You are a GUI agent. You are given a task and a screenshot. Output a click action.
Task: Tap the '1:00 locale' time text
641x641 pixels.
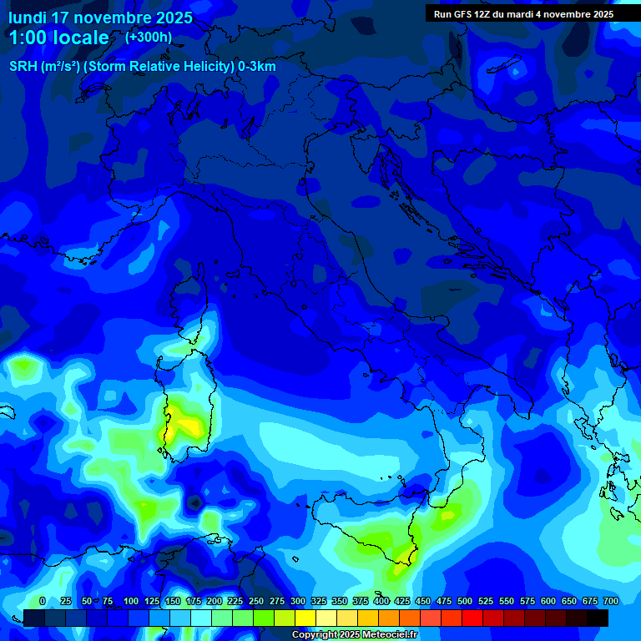click(x=58, y=38)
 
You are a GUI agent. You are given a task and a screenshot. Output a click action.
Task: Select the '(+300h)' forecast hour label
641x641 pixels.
click(x=149, y=37)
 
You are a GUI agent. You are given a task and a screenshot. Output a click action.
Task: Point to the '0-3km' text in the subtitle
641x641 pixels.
click(x=257, y=67)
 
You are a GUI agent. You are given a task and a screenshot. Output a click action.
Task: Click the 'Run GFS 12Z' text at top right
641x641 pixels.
click(x=462, y=14)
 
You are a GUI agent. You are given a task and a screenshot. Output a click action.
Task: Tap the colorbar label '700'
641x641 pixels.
click(x=610, y=601)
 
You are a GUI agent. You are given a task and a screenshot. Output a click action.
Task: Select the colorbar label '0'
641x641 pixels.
click(x=43, y=601)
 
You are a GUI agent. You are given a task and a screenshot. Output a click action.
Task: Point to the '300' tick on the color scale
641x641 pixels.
click(x=297, y=601)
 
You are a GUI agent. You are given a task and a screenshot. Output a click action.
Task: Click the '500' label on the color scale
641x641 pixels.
click(x=464, y=601)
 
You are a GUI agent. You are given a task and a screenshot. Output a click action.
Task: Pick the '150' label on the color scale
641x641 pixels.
click(x=172, y=601)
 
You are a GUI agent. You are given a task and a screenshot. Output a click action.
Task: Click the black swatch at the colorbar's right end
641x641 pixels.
click(x=598, y=618)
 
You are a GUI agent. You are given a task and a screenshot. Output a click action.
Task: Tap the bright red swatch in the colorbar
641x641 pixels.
click(x=472, y=618)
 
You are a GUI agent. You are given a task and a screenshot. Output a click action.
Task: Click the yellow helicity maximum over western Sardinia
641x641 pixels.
click(x=189, y=426)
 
